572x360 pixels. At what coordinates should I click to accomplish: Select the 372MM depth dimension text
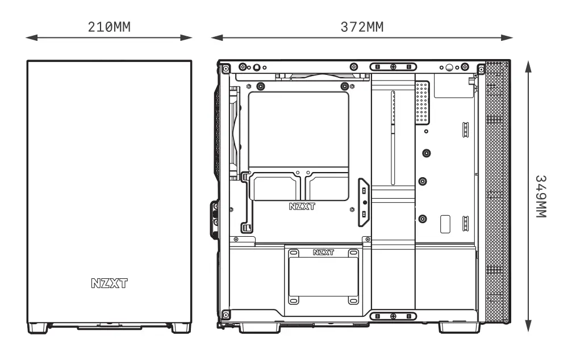coord(361,27)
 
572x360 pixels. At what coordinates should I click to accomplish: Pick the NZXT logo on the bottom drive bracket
coord(323,252)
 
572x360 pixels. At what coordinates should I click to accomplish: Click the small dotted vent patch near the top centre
coord(421,103)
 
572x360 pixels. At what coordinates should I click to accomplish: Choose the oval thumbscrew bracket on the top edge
coord(393,67)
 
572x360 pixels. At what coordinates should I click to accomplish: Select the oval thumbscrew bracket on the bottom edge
coord(393,316)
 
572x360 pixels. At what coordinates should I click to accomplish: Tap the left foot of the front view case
coord(37,328)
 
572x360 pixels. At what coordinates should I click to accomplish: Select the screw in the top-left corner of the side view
coord(226,69)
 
